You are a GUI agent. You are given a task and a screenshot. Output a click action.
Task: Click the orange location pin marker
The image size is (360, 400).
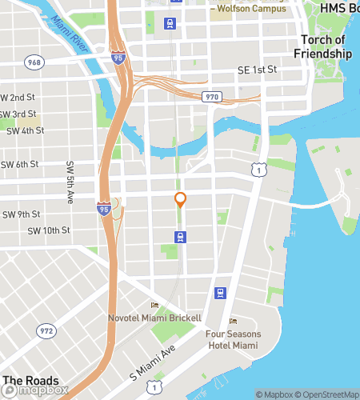[x=181, y=201]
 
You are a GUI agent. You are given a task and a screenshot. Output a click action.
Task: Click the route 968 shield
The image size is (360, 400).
[x=34, y=62]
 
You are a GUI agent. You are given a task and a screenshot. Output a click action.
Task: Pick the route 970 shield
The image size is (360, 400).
[x=211, y=97]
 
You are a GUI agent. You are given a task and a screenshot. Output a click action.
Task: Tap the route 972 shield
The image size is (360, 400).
[x=46, y=330]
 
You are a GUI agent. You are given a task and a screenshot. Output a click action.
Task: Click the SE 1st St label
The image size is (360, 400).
[x=257, y=70]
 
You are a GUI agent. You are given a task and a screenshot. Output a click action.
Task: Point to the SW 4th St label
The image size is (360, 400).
[x=24, y=130]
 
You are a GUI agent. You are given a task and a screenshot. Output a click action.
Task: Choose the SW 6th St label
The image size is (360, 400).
[x=20, y=165]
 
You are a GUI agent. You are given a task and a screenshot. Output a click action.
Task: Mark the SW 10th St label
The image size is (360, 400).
[x=49, y=230]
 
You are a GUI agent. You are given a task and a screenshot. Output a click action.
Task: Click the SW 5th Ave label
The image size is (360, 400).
[x=69, y=182]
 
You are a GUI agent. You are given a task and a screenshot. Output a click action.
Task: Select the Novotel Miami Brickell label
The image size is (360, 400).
[x=154, y=318]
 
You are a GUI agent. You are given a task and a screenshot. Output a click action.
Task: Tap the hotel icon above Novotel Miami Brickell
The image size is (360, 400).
[x=154, y=305]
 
